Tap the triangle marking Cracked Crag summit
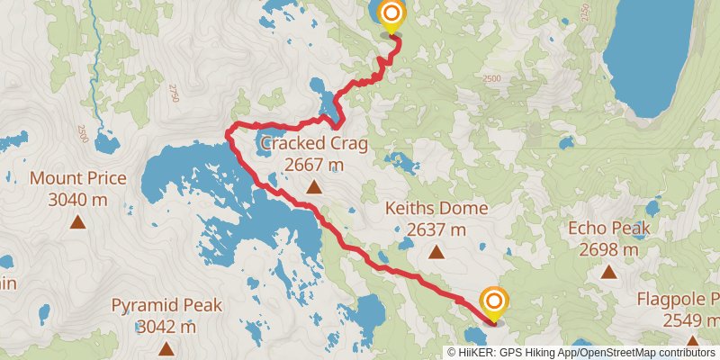[x=314, y=187]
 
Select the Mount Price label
[x=78, y=177]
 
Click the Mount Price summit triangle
[x=78, y=221]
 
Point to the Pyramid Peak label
[x=166, y=305]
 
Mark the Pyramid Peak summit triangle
[x=166, y=347]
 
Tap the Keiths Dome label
[x=436, y=209]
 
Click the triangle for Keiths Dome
[x=436, y=252]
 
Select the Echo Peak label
[x=609, y=229]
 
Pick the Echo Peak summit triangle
[x=609, y=271]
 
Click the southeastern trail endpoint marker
[x=493, y=301]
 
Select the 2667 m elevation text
[x=314, y=165]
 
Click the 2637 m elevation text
[x=436, y=229]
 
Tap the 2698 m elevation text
[x=609, y=249]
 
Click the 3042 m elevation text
[x=166, y=326]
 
